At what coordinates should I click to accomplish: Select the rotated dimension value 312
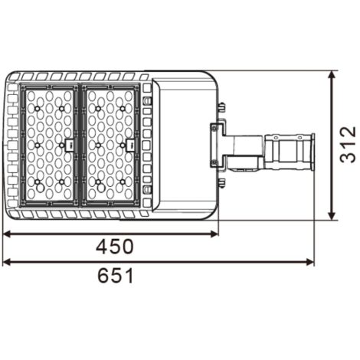[348, 146]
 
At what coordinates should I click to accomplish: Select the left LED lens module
[51, 144]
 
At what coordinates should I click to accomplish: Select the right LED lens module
[111, 144]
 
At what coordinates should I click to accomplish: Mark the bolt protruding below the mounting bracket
[221, 182]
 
